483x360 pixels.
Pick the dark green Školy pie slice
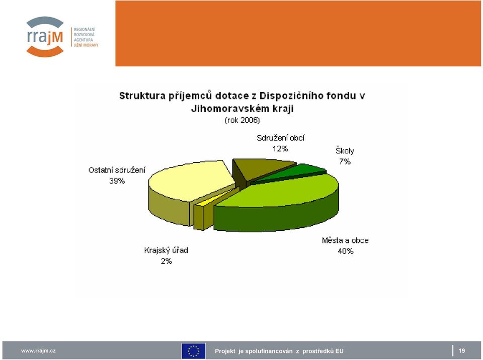[x=293, y=172]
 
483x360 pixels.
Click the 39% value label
[x=117, y=181]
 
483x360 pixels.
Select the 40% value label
[x=345, y=251]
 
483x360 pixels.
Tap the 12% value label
[x=280, y=149]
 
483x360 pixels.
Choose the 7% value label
[x=345, y=161]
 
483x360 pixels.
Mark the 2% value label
[x=167, y=261]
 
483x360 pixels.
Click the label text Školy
[x=345, y=151]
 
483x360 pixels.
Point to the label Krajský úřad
[x=166, y=250]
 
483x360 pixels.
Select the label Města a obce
[x=345, y=240]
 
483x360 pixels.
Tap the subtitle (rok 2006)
[x=242, y=120]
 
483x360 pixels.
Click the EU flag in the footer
[x=193, y=351]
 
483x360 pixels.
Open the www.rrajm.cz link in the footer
[x=39, y=351]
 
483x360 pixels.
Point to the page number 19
[x=462, y=351]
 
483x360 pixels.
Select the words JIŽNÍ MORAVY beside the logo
[x=86, y=45]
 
